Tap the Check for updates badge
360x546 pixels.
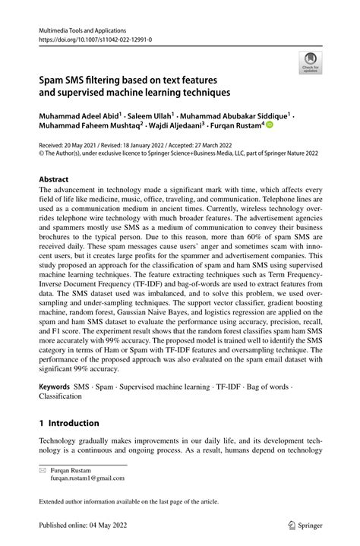click(x=310, y=63)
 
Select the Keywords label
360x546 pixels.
click(x=54, y=387)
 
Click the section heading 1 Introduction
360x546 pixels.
click(x=70, y=423)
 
